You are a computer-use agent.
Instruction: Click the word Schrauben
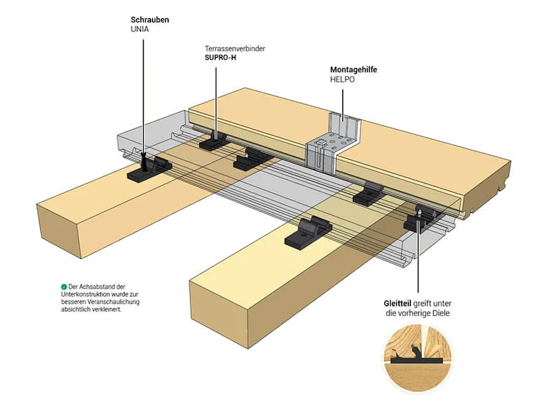click(150, 20)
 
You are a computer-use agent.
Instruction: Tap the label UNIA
click(140, 30)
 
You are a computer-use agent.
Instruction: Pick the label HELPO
click(342, 80)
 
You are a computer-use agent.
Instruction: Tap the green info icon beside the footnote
click(63, 287)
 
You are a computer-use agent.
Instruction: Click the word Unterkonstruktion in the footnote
click(87, 295)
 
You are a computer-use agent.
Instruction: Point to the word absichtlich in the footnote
click(76, 310)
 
